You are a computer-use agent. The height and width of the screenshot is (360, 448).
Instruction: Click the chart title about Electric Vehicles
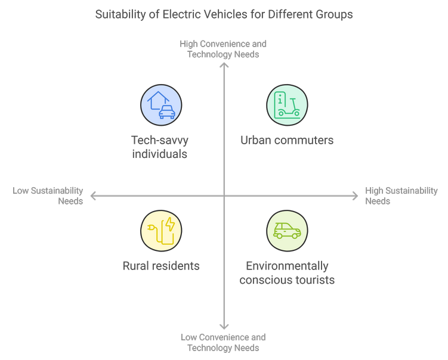pyautogui.click(x=224, y=14)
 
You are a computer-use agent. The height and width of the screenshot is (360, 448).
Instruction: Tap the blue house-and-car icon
pyautogui.click(x=161, y=105)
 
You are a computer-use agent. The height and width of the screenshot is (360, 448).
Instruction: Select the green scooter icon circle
pyautogui.click(x=287, y=105)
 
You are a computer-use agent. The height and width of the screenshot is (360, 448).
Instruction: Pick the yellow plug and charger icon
pyautogui.click(x=161, y=230)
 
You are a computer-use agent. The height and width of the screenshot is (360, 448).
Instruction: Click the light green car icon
pyautogui.click(x=287, y=230)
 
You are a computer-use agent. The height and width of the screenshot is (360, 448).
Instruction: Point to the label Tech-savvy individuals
pyautogui.click(x=159, y=147)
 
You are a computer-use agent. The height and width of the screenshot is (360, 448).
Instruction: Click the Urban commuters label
pyautogui.click(x=287, y=141)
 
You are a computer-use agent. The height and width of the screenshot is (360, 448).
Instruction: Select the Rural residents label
pyautogui.click(x=161, y=266)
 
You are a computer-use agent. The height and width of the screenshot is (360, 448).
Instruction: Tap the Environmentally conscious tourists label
pyautogui.click(x=287, y=272)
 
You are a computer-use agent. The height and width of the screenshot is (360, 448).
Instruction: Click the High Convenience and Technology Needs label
pyautogui.click(x=223, y=49)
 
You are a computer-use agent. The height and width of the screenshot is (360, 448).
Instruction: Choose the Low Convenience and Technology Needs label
pyautogui.click(x=223, y=343)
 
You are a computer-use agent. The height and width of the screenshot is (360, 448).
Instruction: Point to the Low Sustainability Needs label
pyautogui.click(x=48, y=195)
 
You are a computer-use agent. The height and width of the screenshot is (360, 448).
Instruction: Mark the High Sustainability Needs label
pyautogui.click(x=401, y=195)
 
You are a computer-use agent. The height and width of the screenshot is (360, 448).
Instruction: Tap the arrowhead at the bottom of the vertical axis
pyautogui.click(x=224, y=326)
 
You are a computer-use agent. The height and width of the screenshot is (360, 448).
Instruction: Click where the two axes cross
pyautogui.click(x=224, y=195)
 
